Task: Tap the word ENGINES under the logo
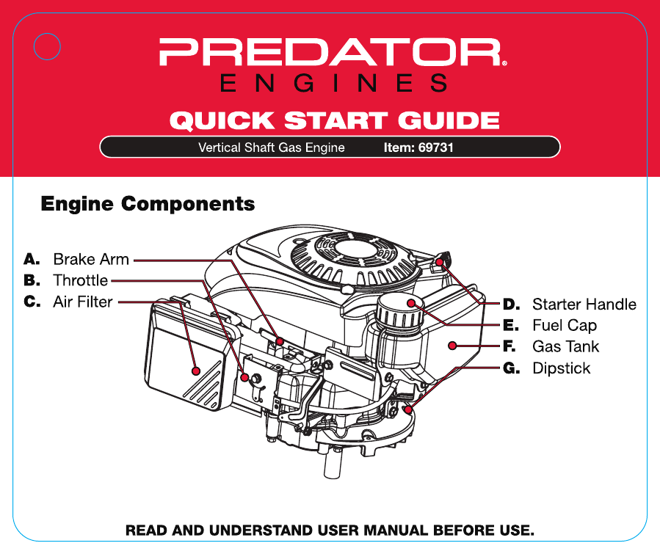(x=333, y=84)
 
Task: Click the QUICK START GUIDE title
(x=334, y=120)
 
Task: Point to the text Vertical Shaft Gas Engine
(x=271, y=147)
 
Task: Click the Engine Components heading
(x=148, y=203)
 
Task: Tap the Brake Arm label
(x=91, y=259)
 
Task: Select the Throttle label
(x=80, y=280)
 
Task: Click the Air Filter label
(x=83, y=302)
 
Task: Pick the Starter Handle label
(x=584, y=304)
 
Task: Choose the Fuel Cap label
(x=565, y=325)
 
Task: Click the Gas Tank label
(x=565, y=346)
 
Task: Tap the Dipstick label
(x=561, y=368)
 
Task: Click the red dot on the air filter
(x=196, y=369)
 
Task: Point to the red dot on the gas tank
(x=454, y=345)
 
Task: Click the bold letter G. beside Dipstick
(x=512, y=368)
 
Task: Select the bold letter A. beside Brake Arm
(x=31, y=259)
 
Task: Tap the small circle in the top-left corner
(x=47, y=45)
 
